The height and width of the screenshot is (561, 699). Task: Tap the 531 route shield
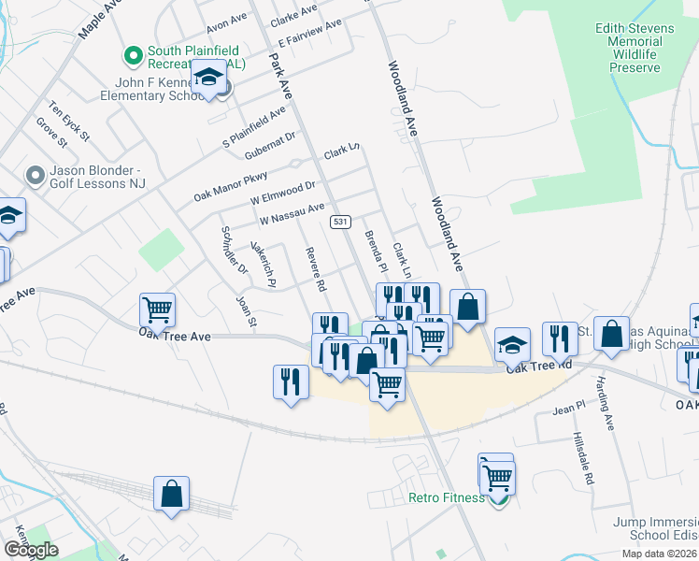click(x=340, y=222)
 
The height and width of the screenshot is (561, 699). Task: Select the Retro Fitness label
click(x=447, y=496)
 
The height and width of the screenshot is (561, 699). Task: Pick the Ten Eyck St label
click(x=70, y=122)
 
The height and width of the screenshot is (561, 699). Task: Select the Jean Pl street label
click(x=567, y=410)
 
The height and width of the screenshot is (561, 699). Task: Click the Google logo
click(x=31, y=550)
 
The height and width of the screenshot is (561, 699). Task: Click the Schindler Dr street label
click(x=233, y=251)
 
